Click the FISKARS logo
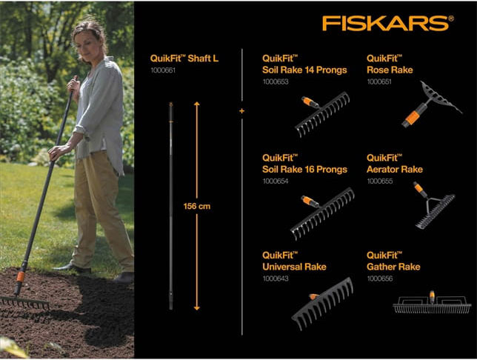click(387, 24)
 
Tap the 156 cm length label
click(198, 206)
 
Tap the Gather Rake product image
click(431, 303)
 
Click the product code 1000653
click(275, 82)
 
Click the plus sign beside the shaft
click(241, 112)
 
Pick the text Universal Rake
click(294, 267)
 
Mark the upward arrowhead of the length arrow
click(197, 106)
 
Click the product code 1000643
click(275, 278)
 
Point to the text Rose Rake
click(390, 70)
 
